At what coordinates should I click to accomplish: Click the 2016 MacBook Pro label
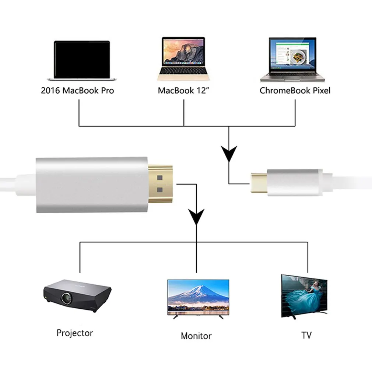(x=77, y=90)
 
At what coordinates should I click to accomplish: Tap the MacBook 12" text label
(x=181, y=90)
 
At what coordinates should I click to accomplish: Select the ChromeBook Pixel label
(x=295, y=90)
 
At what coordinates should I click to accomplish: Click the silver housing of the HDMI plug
(x=92, y=185)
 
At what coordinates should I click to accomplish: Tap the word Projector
(x=75, y=333)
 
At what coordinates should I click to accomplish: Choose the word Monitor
(x=196, y=336)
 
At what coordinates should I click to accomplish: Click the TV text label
(x=306, y=335)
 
